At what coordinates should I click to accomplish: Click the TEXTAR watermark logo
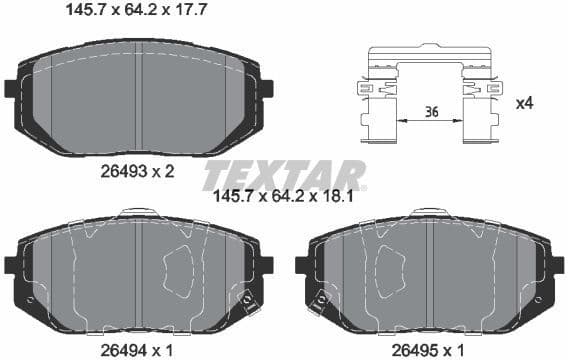(284, 176)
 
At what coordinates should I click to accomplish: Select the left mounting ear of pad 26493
(11, 87)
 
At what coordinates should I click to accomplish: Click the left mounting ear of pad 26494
(11, 265)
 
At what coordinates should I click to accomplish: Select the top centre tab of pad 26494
(134, 212)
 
